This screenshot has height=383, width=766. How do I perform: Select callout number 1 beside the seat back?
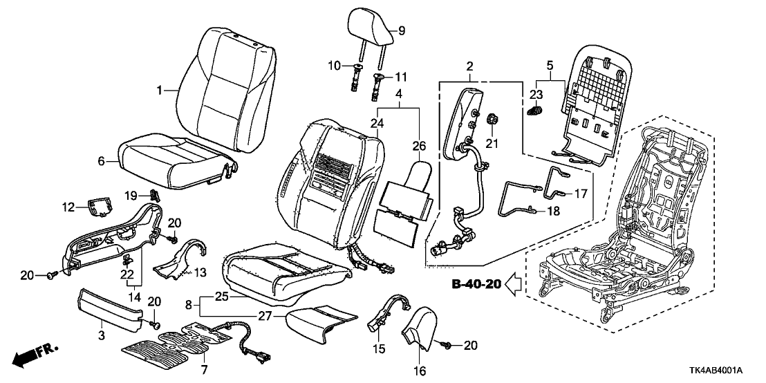(x=159, y=90)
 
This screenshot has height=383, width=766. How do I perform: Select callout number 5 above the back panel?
(x=550, y=66)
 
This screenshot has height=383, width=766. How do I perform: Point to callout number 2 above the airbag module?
(x=470, y=66)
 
